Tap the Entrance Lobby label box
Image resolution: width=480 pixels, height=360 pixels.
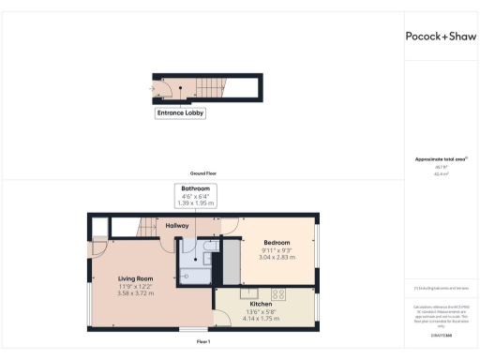click(180, 113)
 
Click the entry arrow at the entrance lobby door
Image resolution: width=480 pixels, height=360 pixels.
click(152, 89)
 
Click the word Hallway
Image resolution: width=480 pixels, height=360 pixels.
click(177, 226)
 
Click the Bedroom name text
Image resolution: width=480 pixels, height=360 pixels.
click(277, 243)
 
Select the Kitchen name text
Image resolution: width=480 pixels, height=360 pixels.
click(261, 305)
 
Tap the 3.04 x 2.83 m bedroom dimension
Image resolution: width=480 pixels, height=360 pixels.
click(277, 257)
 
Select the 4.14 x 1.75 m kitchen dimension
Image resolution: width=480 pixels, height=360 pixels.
click(261, 319)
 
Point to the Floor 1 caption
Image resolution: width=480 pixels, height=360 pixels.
click(202, 342)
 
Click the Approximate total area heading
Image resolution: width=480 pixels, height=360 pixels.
click(440, 159)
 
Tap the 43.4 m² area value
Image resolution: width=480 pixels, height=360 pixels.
click(440, 174)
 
